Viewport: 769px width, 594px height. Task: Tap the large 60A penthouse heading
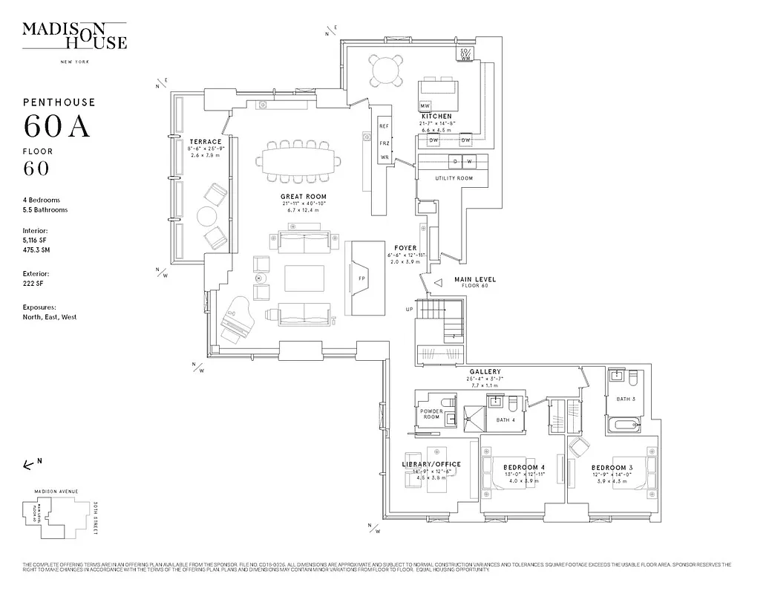tap(57, 127)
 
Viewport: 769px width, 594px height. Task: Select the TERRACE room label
tap(205, 142)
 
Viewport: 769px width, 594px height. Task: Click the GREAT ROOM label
tap(304, 197)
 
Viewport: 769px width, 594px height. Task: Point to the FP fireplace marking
tap(362, 278)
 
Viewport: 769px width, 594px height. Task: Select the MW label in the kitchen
tap(425, 106)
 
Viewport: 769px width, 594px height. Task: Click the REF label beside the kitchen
tap(384, 127)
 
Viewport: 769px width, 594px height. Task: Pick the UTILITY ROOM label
tap(454, 178)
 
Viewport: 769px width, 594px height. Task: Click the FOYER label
tap(406, 248)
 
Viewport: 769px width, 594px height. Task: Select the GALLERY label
tap(485, 371)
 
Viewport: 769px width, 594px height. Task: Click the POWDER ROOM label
tap(431, 414)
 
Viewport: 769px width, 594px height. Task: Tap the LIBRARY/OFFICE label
tap(431, 464)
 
